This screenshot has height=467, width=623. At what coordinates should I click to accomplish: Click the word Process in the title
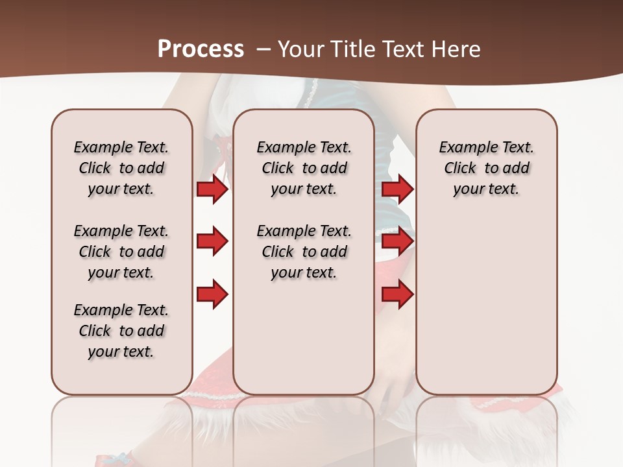point(201,49)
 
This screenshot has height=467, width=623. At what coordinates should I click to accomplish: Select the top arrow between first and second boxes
point(212,189)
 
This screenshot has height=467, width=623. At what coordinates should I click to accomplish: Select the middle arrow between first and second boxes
point(212,242)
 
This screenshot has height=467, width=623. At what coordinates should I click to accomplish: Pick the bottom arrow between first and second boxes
point(212,294)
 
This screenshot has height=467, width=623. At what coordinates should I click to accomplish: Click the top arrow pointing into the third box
point(397,189)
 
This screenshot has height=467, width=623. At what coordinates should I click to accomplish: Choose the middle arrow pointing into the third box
point(397,242)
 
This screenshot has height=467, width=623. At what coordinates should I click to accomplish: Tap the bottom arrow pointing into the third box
point(397,294)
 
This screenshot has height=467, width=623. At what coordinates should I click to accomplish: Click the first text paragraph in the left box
point(121,168)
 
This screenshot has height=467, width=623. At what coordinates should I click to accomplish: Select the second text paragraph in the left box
point(121,252)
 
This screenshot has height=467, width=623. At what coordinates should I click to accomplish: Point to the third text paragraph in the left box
point(121,331)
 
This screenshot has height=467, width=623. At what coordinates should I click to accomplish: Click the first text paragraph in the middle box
point(304,168)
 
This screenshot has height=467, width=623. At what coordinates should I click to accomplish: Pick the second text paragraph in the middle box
point(304,252)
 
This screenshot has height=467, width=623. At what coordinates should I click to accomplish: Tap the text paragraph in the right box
point(486,168)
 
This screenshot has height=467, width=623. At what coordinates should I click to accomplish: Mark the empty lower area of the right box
point(486,305)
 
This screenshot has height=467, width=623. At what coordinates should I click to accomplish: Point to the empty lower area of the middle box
point(304,337)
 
